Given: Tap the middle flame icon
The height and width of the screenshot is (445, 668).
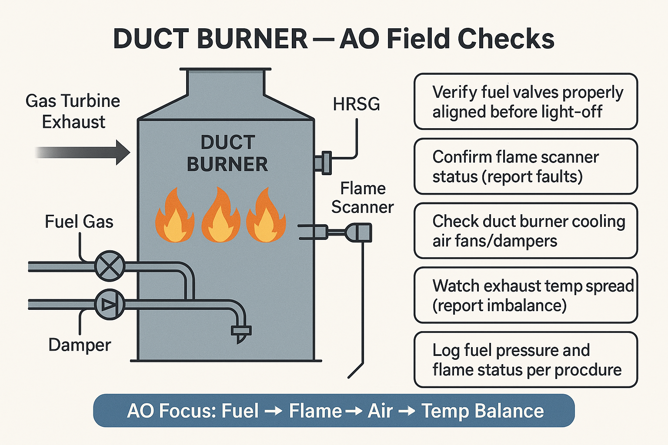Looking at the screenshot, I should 220,216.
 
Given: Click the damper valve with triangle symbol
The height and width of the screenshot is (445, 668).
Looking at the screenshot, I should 110,304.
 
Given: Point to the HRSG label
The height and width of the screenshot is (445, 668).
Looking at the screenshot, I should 356,104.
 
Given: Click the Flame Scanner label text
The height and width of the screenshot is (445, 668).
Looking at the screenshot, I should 362,198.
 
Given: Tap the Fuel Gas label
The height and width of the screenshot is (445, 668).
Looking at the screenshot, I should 79,222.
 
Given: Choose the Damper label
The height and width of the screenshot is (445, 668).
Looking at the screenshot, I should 80,345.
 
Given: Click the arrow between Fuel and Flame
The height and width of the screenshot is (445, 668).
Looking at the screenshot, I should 274,411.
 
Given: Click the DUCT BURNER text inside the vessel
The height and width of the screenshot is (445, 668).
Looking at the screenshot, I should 227,153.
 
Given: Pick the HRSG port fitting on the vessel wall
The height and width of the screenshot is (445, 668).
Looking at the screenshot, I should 324,163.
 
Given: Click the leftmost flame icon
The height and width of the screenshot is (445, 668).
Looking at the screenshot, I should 174,216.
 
